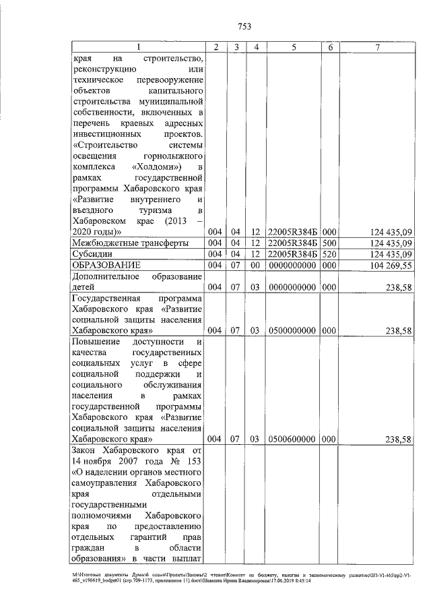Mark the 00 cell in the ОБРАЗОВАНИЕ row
point(257,266)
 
